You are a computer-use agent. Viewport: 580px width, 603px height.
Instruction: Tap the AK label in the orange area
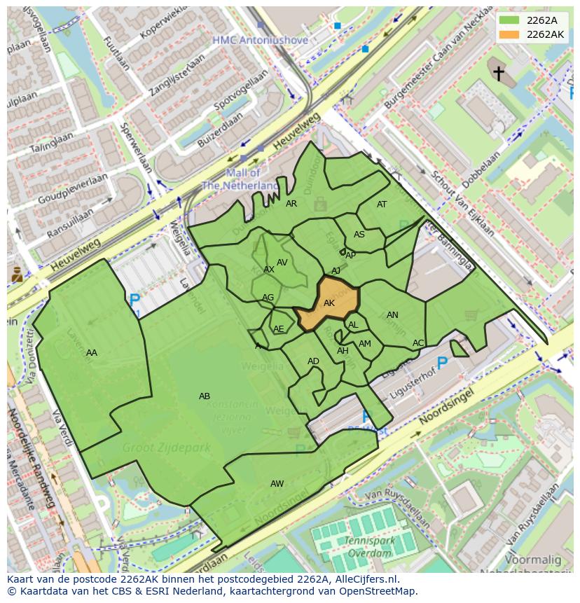pyautogui.click(x=329, y=303)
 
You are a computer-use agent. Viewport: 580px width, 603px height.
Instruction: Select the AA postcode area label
pyautogui.click(x=92, y=353)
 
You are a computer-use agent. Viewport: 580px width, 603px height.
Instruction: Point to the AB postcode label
pyautogui.click(x=205, y=396)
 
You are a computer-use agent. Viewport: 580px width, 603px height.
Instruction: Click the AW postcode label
pyautogui.click(x=277, y=484)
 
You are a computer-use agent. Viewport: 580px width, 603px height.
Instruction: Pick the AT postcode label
pyautogui.click(x=382, y=205)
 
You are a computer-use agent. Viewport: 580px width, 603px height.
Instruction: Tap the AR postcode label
pyautogui.click(x=291, y=204)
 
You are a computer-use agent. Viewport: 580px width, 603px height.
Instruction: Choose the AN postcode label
pyautogui.click(x=392, y=315)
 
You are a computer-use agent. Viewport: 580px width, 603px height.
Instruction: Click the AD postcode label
pyautogui.click(x=313, y=361)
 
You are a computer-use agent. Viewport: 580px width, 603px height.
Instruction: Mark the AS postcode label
pyautogui.click(x=359, y=235)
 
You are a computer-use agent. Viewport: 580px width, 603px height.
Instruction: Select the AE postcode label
pyautogui.click(x=279, y=329)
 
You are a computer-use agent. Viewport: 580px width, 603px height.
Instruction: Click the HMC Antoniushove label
pyautogui.click(x=261, y=41)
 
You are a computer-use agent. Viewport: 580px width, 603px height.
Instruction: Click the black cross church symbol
pyautogui.click(x=498, y=73)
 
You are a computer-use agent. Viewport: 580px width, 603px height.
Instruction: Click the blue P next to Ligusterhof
pyautogui.click(x=442, y=363)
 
